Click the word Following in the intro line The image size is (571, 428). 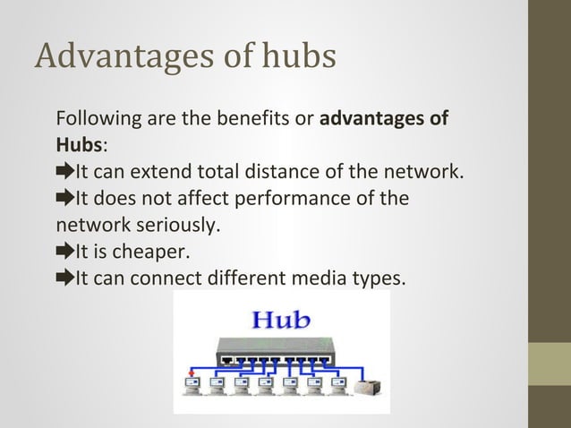coord(95,118)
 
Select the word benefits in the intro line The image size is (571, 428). coord(251,118)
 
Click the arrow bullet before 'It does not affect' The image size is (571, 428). coord(64,198)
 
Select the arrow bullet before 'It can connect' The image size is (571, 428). coord(64,278)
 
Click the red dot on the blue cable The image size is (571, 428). coord(190,372)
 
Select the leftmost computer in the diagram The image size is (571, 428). coord(192,388)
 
